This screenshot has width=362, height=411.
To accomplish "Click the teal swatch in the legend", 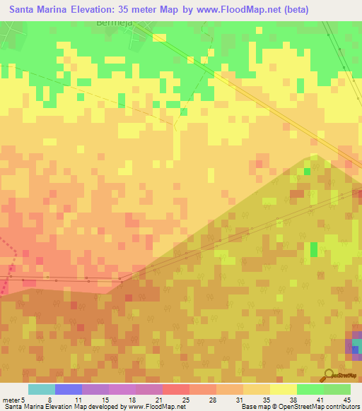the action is point(41,389).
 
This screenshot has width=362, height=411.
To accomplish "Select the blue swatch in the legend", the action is point(68,389).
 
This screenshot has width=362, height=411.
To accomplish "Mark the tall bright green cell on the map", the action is point(314,250).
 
